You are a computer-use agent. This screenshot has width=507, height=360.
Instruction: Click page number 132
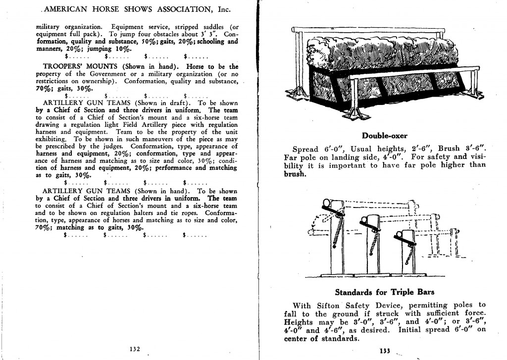[x=134, y=349]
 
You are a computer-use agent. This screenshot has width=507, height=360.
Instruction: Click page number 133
[x=385, y=351]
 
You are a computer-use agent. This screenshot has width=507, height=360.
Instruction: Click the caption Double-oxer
[x=385, y=135]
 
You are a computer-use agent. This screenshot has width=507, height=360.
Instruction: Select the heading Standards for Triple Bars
[x=385, y=292]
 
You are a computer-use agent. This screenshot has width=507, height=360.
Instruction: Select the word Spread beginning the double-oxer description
[x=305, y=149]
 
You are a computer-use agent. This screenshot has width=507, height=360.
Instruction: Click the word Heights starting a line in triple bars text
[x=299, y=322]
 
